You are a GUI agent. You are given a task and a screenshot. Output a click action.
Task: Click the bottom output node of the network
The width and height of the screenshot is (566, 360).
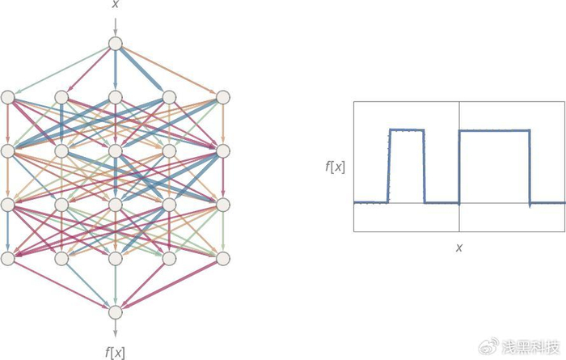(115, 311)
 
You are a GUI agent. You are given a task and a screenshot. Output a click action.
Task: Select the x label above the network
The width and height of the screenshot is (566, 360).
(115, 6)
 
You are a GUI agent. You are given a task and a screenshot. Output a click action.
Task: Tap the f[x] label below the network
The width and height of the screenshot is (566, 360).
(115, 351)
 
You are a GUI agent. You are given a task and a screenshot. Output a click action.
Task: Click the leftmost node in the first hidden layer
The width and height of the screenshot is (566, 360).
(8, 97)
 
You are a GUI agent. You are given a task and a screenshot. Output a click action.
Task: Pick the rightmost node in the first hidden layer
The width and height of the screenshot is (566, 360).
(222, 97)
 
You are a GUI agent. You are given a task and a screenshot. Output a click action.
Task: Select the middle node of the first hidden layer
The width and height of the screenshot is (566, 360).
(115, 97)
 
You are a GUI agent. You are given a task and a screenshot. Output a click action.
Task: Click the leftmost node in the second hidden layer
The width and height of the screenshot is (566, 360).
(8, 150)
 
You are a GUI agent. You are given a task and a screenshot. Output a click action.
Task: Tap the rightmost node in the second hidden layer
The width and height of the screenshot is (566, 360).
(222, 150)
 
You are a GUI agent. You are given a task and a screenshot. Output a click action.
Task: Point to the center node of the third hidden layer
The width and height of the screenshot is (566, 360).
(115, 204)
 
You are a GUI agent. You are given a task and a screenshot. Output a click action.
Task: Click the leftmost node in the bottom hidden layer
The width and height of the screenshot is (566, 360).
(8, 258)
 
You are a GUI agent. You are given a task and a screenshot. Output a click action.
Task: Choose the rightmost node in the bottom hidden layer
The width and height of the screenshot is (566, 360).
(222, 258)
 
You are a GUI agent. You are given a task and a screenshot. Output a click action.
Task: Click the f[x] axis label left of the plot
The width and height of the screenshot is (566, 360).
(335, 168)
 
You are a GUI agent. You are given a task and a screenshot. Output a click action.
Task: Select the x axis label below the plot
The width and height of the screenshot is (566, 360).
(458, 248)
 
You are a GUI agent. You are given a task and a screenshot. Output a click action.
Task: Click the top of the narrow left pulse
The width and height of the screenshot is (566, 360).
(407, 129)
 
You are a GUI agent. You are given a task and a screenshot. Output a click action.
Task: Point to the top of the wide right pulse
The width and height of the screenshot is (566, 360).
(494, 130)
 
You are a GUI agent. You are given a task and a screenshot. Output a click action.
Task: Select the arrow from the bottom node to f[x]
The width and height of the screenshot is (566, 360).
(115, 329)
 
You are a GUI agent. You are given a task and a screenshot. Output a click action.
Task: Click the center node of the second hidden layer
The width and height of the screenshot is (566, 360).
(115, 150)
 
